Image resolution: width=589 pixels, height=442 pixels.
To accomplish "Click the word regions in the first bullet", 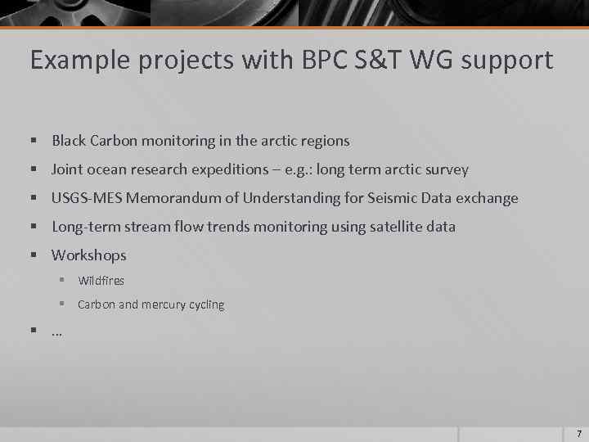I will point(326,141).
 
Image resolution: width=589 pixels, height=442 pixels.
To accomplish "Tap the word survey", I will point(447,169).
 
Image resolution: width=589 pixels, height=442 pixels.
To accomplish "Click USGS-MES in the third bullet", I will point(87,198).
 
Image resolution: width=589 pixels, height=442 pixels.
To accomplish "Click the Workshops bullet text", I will point(89,255).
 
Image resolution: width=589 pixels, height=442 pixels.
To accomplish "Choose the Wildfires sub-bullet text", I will point(101,281).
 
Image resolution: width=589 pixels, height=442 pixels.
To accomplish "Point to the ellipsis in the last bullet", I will point(57,331).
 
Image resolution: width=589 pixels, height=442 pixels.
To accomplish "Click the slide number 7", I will point(578,433).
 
